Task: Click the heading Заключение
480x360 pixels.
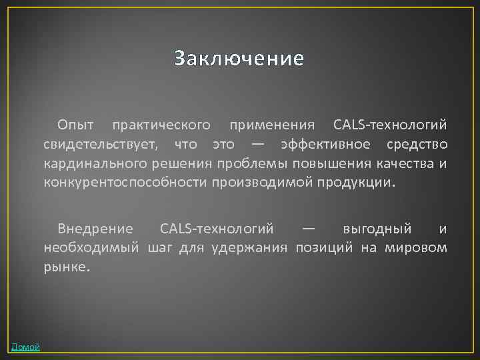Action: (239, 59)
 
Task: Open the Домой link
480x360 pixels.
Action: (25, 347)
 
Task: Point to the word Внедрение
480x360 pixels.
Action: (95, 229)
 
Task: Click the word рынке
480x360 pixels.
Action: (65, 267)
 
